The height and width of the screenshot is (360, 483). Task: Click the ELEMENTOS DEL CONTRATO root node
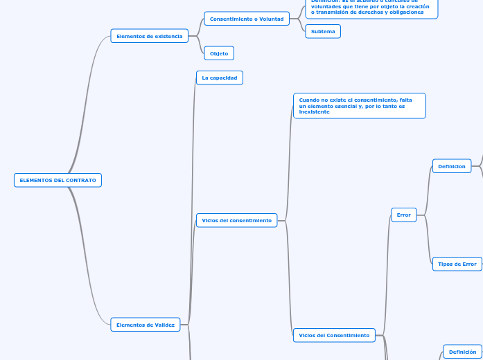pyautogui.click(x=58, y=180)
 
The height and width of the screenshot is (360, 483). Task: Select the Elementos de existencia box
pyautogui.click(x=149, y=36)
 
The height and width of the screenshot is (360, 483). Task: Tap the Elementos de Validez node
pyautogui.click(x=145, y=324)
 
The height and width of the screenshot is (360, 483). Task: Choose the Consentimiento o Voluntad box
pyautogui.click(x=247, y=19)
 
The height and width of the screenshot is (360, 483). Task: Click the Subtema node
pyautogui.click(x=323, y=31)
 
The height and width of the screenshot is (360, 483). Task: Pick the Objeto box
pyautogui.click(x=219, y=53)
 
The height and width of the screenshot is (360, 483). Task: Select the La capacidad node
pyautogui.click(x=219, y=78)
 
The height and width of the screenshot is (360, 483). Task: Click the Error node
pyautogui.click(x=403, y=215)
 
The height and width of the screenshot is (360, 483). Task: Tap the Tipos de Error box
pyautogui.click(x=457, y=264)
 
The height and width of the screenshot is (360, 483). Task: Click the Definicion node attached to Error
pyautogui.click(x=451, y=166)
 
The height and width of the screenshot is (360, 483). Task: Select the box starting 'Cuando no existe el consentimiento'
pyautogui.click(x=359, y=105)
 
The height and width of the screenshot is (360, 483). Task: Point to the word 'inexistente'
pyautogui.click(x=314, y=111)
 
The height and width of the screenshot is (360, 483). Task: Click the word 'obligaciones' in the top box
pyautogui.click(x=408, y=12)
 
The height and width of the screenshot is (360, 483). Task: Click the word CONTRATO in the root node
pyautogui.click(x=80, y=180)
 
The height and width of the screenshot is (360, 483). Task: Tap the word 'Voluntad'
pyautogui.click(x=272, y=19)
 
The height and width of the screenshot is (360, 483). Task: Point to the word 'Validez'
pyautogui.click(x=164, y=324)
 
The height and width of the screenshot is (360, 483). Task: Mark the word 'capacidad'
pyautogui.click(x=224, y=78)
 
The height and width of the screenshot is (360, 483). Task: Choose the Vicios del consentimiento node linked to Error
pyautogui.click(x=334, y=335)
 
